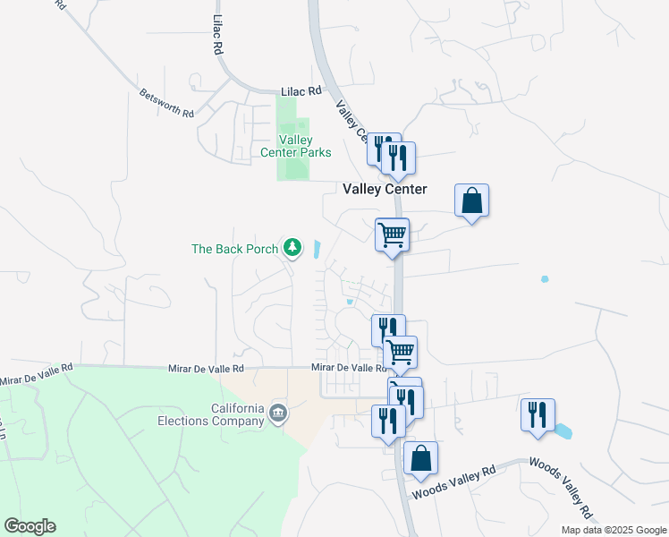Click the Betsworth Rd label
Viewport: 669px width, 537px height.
pyautogui.click(x=166, y=103)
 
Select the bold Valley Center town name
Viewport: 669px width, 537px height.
pyautogui.click(x=385, y=190)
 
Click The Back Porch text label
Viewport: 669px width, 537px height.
pyautogui.click(x=235, y=249)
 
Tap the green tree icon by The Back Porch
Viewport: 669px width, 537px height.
pyautogui.click(x=292, y=247)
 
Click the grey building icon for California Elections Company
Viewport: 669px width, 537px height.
pyautogui.click(x=278, y=413)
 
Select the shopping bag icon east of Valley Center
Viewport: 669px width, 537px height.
pyautogui.click(x=471, y=200)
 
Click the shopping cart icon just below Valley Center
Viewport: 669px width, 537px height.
pyautogui.click(x=392, y=234)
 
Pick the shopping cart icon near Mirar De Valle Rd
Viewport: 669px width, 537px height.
pyautogui.click(x=400, y=352)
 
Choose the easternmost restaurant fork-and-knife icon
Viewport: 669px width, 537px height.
pyautogui.click(x=538, y=414)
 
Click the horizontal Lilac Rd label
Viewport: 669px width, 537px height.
pyautogui.click(x=301, y=91)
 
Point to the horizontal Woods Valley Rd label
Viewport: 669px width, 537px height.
pyautogui.click(x=453, y=483)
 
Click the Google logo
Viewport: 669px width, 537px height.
pyautogui.click(x=30, y=526)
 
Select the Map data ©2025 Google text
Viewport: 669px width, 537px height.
pyautogui.click(x=613, y=530)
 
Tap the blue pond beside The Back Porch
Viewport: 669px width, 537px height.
pyautogui.click(x=318, y=250)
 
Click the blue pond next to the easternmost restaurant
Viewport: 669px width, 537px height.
pyautogui.click(x=563, y=431)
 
